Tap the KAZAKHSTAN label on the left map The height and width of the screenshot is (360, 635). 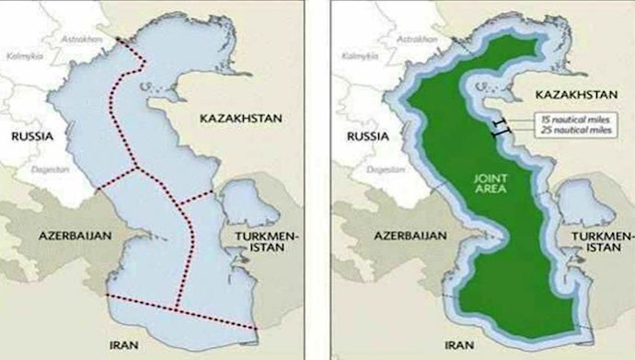click(x=240, y=120)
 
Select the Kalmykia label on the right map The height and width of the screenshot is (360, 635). click(x=352, y=56)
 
